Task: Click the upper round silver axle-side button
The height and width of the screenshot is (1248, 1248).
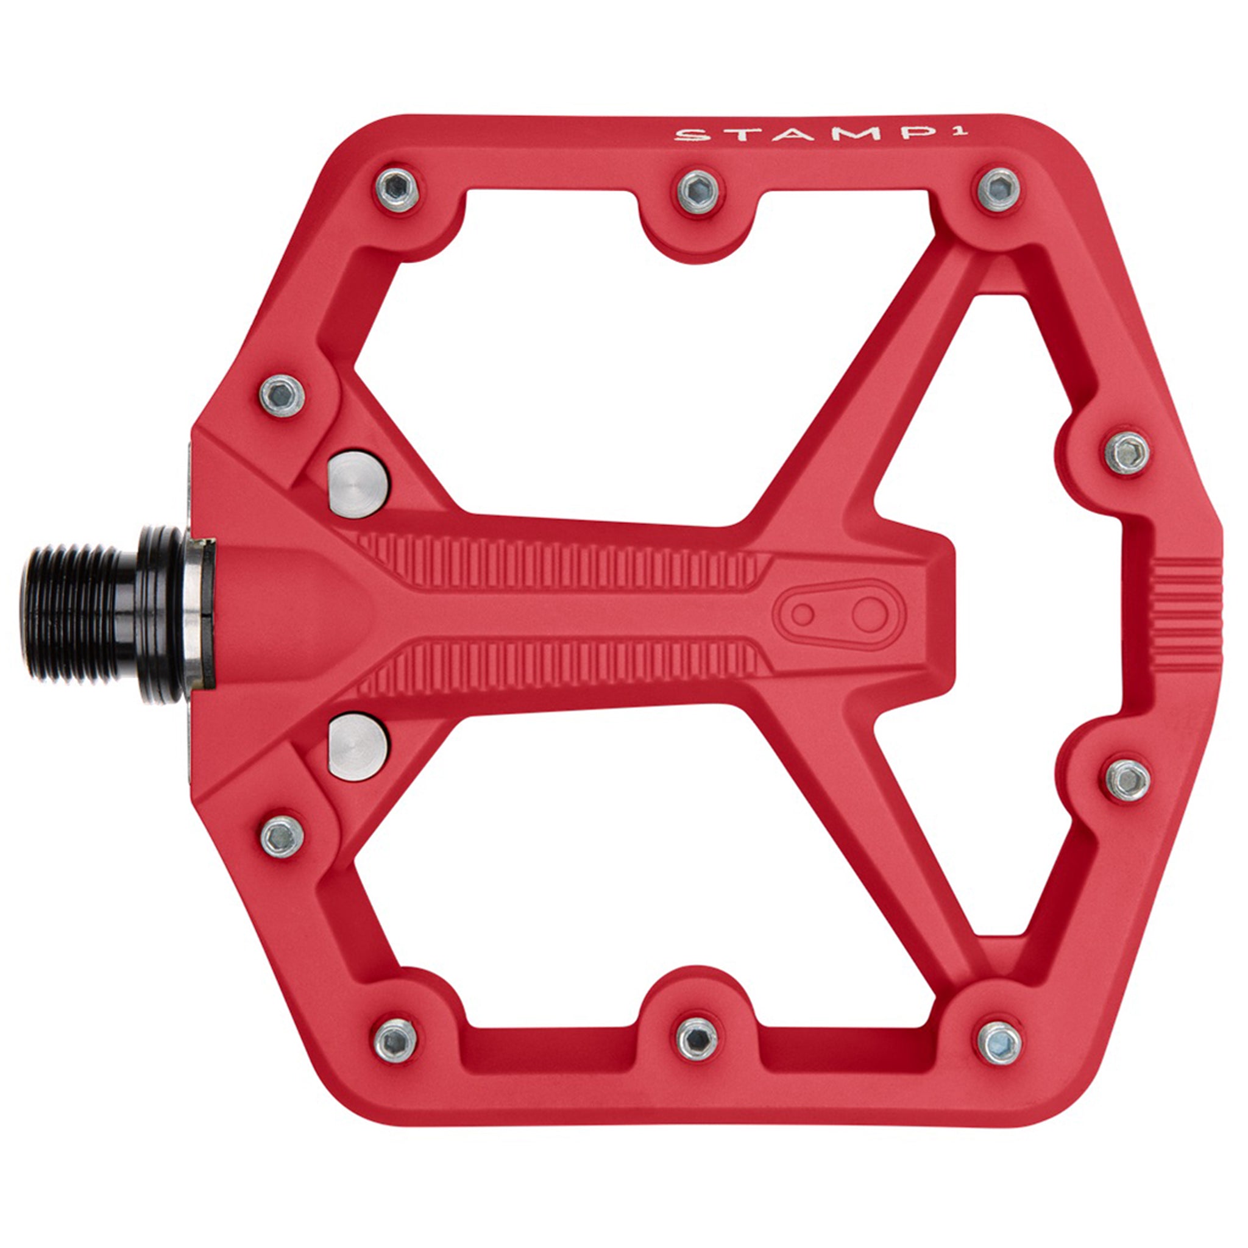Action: (x=359, y=483)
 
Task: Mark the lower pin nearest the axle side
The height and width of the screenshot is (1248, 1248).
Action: (x=282, y=835)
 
